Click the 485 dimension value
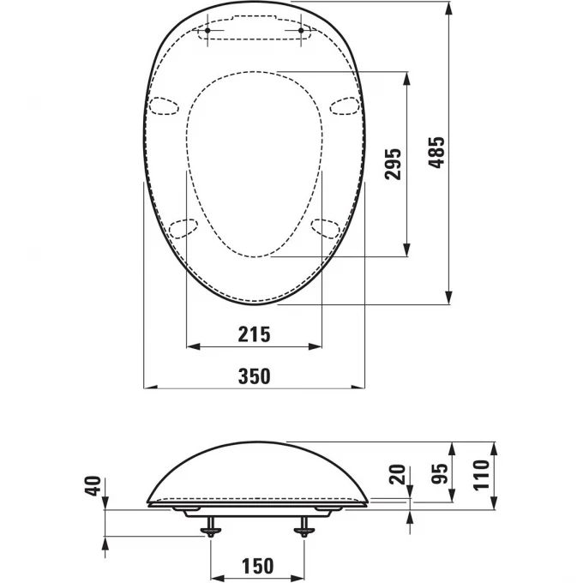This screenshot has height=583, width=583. (x=437, y=153)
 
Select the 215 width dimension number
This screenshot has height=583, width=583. (x=254, y=334)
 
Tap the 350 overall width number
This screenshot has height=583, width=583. (x=254, y=376)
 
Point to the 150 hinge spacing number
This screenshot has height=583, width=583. (x=256, y=565)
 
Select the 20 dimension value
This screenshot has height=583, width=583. (x=396, y=474)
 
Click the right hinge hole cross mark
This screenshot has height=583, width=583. (x=302, y=32)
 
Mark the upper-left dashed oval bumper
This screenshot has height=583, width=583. (x=165, y=105)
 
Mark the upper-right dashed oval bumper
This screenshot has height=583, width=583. (x=345, y=105)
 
